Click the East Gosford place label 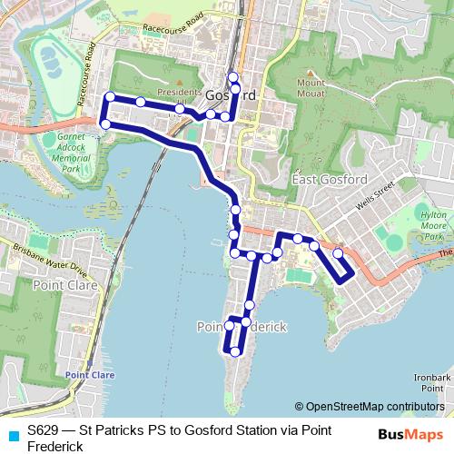[330, 180]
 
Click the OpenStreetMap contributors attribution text [370, 407]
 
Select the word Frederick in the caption [55, 446]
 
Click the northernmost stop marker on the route [232, 76]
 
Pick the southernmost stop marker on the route [235, 351]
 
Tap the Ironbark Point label [432, 382]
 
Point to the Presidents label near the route [178, 93]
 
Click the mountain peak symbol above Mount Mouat [311, 74]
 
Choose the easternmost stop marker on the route [339, 253]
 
